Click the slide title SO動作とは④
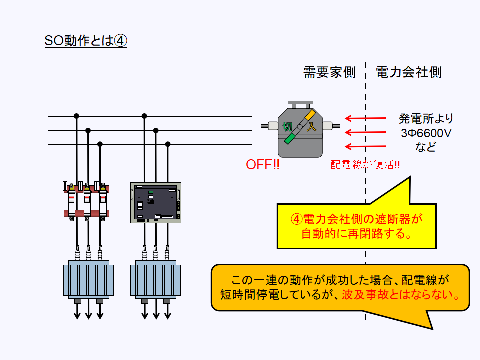[x=86, y=41]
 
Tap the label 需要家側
[x=329, y=72]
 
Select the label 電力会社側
[x=408, y=72]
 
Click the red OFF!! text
[x=263, y=165]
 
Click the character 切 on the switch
[x=288, y=126]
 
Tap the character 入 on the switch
[x=312, y=126]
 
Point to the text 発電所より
[x=426, y=119]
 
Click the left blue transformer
[x=86, y=279]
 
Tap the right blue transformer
[x=154, y=279]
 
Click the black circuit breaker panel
[x=155, y=202]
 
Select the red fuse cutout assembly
[x=86, y=201]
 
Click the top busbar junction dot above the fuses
[x=76, y=116]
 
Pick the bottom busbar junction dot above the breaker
[x=168, y=144]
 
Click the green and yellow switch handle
[x=300, y=127]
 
